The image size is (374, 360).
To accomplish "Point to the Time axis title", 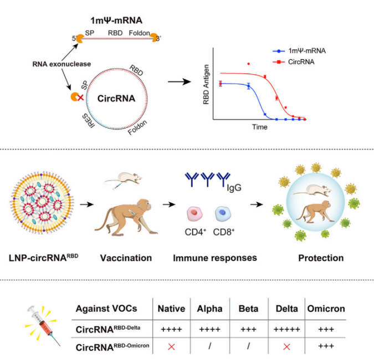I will [260, 127].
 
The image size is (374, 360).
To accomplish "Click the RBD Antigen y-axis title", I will [207, 86].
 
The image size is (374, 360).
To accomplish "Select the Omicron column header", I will [326, 309].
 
